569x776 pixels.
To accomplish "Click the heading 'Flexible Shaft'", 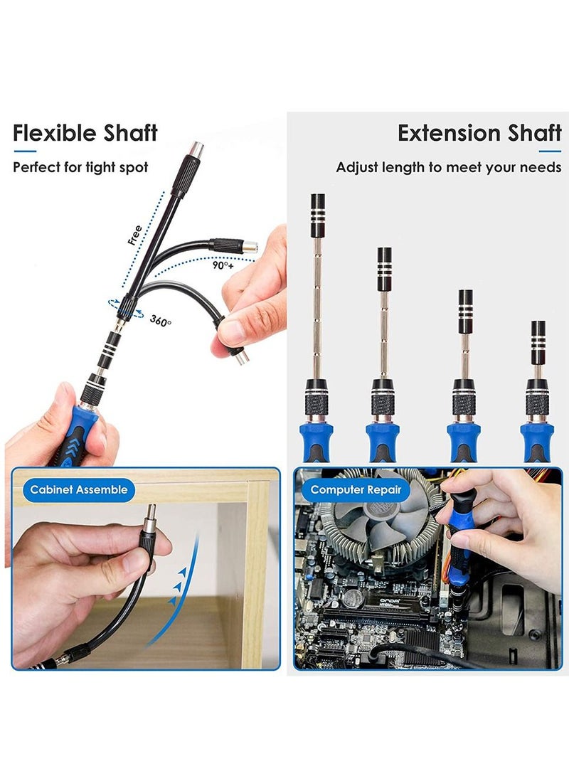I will [85, 133].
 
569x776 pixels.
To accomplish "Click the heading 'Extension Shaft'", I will [479, 133].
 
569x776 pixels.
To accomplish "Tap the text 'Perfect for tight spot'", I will [80, 168].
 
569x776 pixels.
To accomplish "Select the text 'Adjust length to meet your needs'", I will [449, 168].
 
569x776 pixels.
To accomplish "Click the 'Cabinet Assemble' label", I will [79, 489].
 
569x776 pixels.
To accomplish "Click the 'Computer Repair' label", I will [356, 489].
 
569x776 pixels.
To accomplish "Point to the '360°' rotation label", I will [161, 321].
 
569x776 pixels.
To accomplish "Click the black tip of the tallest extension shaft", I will [317, 206].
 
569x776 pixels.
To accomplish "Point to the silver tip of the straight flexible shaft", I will [194, 150].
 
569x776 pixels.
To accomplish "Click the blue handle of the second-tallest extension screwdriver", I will [383, 440].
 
